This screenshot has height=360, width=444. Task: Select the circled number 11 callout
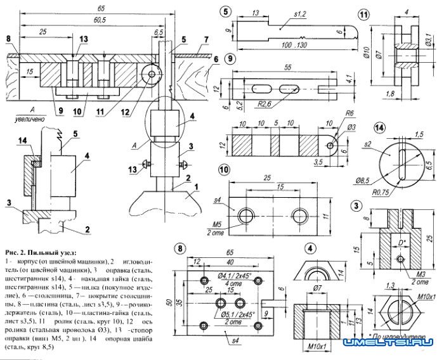(x=363, y=14)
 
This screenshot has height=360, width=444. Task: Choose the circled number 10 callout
(x=224, y=170)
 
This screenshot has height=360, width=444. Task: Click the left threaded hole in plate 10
(x=245, y=216)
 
